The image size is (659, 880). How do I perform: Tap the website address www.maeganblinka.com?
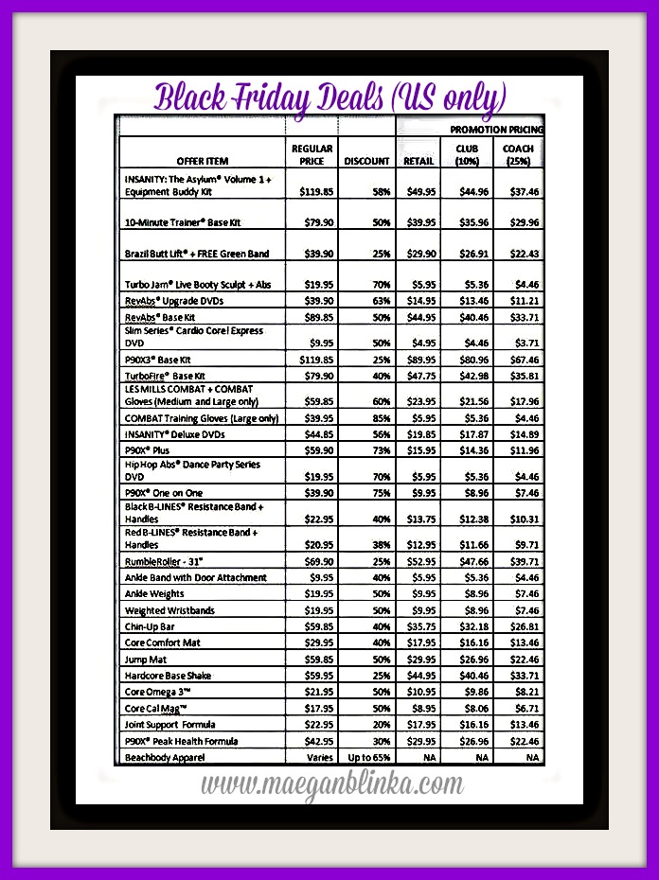point(330,783)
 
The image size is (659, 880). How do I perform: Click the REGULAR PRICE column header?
point(312,154)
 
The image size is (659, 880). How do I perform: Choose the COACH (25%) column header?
point(518,154)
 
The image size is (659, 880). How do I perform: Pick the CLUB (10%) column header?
point(467,154)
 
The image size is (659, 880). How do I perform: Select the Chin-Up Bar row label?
point(150,626)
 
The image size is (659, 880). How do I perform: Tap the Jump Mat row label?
point(146,660)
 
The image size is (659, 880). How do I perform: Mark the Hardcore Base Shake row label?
point(168,676)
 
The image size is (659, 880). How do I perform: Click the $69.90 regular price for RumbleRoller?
point(317,561)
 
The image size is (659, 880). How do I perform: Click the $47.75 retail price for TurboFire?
point(419,376)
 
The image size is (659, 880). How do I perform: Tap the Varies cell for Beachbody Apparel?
point(319,758)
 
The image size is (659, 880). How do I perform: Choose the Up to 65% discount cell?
point(368,758)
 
